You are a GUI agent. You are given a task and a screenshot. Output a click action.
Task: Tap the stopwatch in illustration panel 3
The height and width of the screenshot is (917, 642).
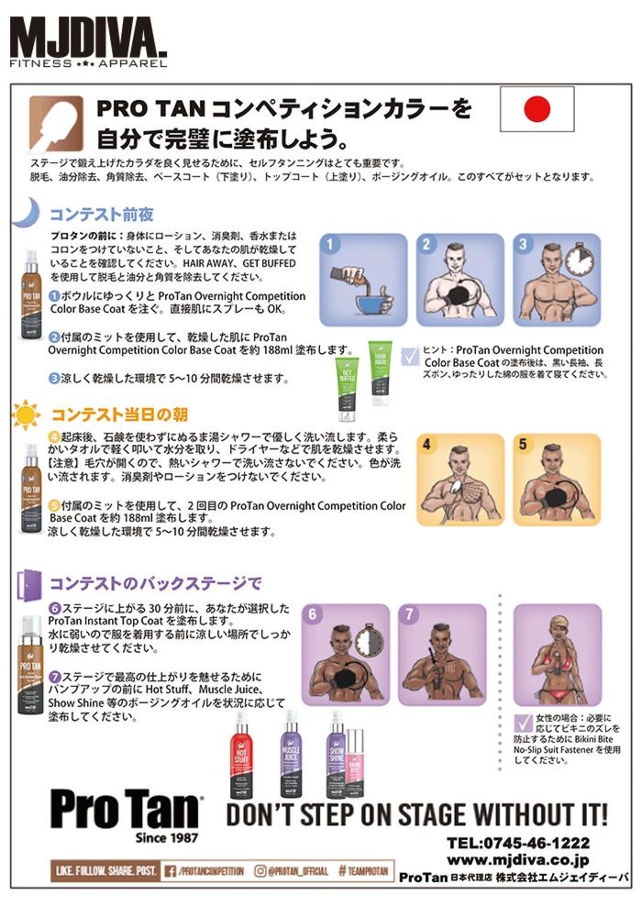point(578,260)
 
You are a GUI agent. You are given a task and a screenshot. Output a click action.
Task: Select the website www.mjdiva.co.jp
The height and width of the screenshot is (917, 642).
point(518,860)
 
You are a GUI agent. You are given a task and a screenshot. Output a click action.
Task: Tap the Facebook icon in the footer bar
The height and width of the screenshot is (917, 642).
point(172,870)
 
